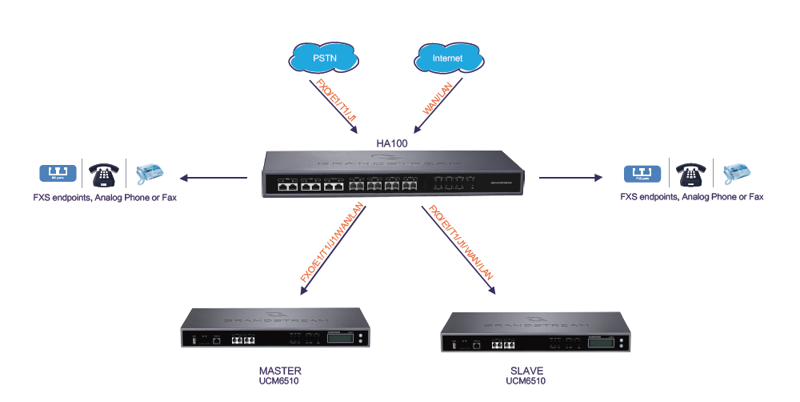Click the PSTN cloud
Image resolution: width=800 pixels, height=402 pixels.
323,58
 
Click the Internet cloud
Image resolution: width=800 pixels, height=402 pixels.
447,58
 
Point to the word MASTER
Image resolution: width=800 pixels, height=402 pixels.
280,371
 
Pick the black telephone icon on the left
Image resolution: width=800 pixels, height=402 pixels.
104,173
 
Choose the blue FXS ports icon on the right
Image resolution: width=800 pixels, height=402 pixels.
646,172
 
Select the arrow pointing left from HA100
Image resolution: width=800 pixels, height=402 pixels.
213,177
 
